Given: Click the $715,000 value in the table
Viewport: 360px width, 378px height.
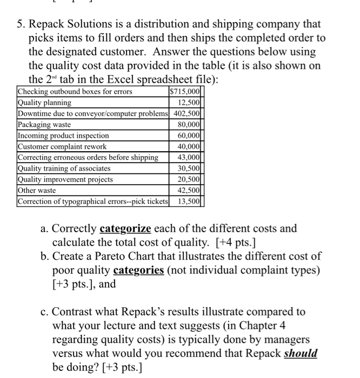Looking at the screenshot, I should (186, 91).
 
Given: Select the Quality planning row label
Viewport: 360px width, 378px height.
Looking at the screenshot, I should (44, 103).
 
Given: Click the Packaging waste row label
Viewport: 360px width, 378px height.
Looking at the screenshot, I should (44, 125).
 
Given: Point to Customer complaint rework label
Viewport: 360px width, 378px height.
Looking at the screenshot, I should (62, 146).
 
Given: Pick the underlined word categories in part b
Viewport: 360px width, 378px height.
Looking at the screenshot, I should (138, 271).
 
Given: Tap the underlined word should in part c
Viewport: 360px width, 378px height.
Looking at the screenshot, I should (301, 354).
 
